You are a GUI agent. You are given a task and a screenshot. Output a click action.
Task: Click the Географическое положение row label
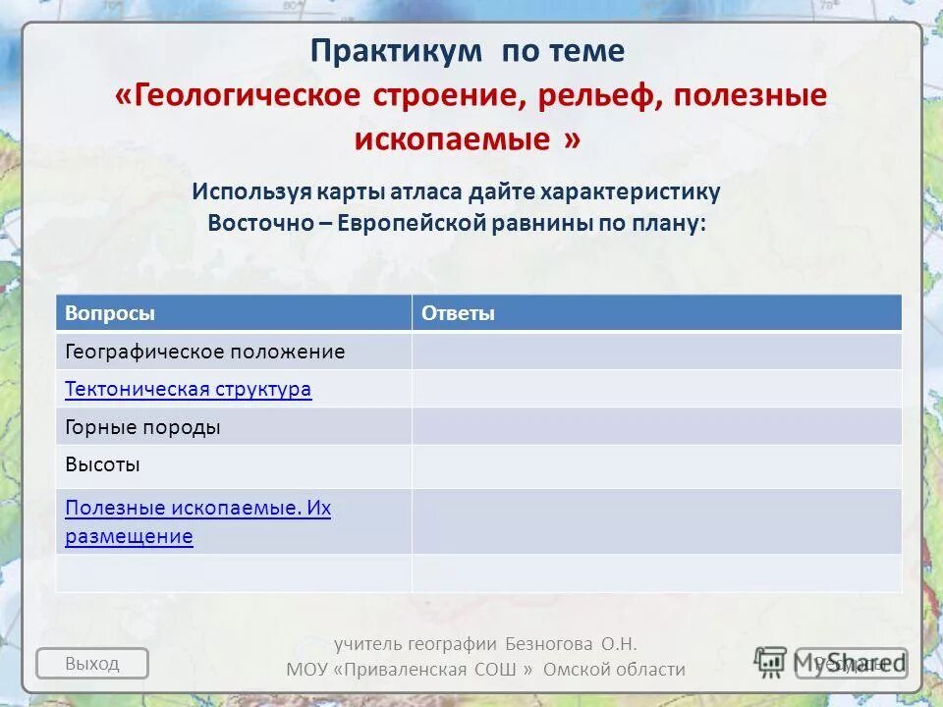[204, 352]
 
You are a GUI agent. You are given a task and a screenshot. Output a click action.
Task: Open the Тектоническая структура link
[188, 389]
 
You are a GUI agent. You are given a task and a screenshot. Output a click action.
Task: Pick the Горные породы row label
[142, 427]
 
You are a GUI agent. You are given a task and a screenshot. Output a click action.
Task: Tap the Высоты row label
[102, 464]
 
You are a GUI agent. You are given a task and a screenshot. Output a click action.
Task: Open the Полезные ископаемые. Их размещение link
[196, 521]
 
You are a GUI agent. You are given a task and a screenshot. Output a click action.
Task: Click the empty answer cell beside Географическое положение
[655, 352]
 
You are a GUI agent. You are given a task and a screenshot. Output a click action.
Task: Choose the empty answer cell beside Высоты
[655, 465]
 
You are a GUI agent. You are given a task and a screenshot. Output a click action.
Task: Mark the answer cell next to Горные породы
[655, 427]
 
